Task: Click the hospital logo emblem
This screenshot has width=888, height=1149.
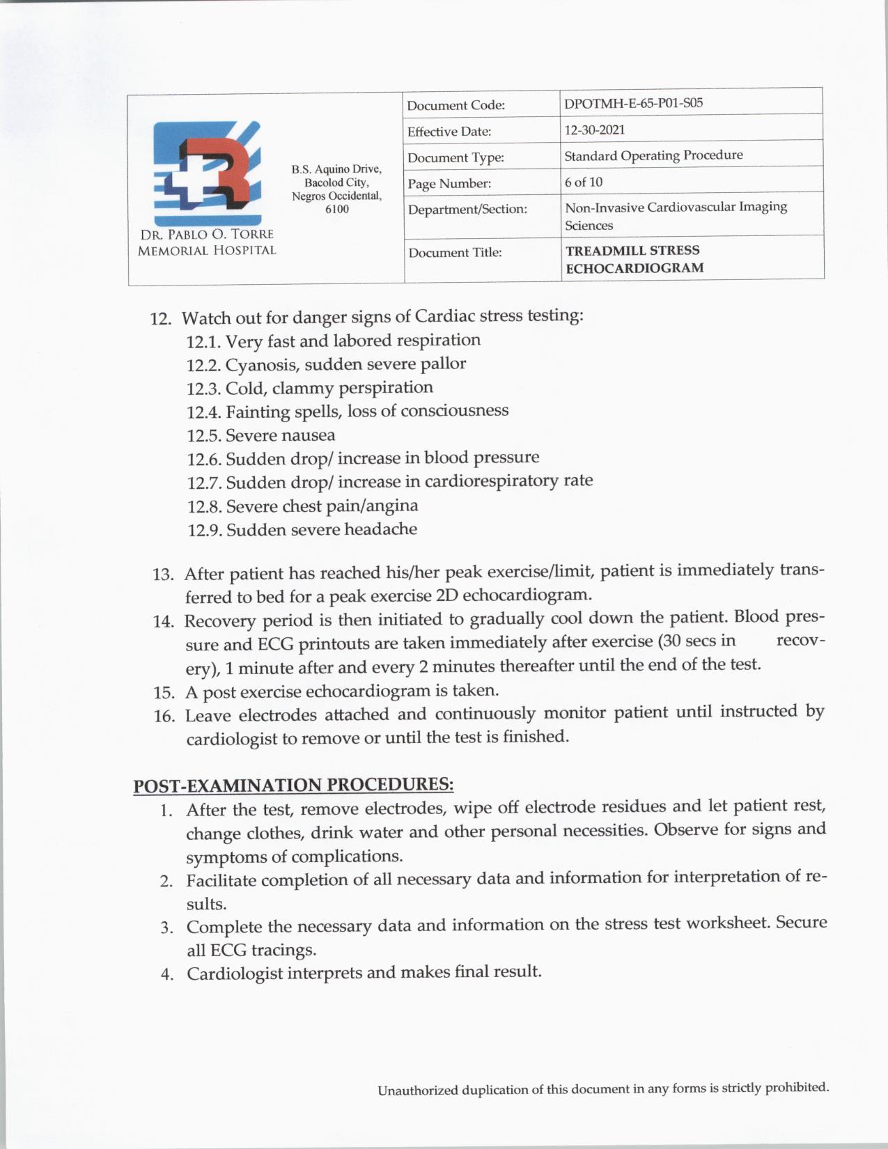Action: click(x=208, y=172)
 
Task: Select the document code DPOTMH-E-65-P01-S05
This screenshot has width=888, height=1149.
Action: click(x=633, y=103)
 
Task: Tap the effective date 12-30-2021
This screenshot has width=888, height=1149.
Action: click(x=594, y=130)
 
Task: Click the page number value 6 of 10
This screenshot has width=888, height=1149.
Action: click(x=584, y=182)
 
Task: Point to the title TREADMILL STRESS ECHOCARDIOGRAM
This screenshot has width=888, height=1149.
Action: click(x=634, y=259)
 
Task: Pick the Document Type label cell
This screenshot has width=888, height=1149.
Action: click(x=455, y=158)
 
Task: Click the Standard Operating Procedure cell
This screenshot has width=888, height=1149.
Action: click(x=653, y=155)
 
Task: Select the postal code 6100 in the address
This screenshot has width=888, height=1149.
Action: click(x=337, y=209)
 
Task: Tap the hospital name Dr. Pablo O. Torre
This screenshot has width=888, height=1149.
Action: click(x=207, y=235)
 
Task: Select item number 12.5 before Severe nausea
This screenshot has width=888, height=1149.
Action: click(x=203, y=437)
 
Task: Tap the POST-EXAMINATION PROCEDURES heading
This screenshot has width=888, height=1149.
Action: click(x=293, y=785)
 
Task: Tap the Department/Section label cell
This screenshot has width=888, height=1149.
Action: click(x=467, y=210)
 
